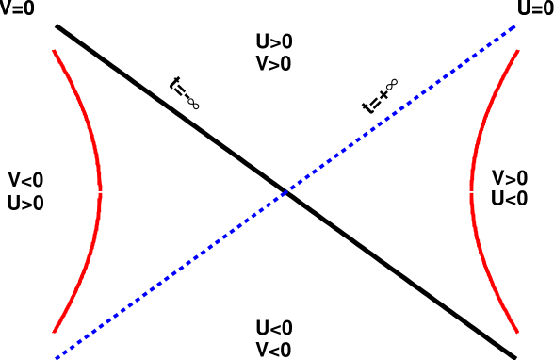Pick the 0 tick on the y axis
pyautogui.click(x=45, y=193)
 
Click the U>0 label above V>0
pyautogui.click(x=274, y=41)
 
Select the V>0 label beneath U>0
pyautogui.click(x=274, y=64)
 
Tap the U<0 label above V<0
pyautogui.click(x=274, y=328)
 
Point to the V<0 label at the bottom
pyautogui.click(x=274, y=350)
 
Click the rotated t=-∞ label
pyautogui.click(x=185, y=92)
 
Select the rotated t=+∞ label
pyautogui.click(x=380, y=96)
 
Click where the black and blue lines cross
pyautogui.click(x=286, y=193)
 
